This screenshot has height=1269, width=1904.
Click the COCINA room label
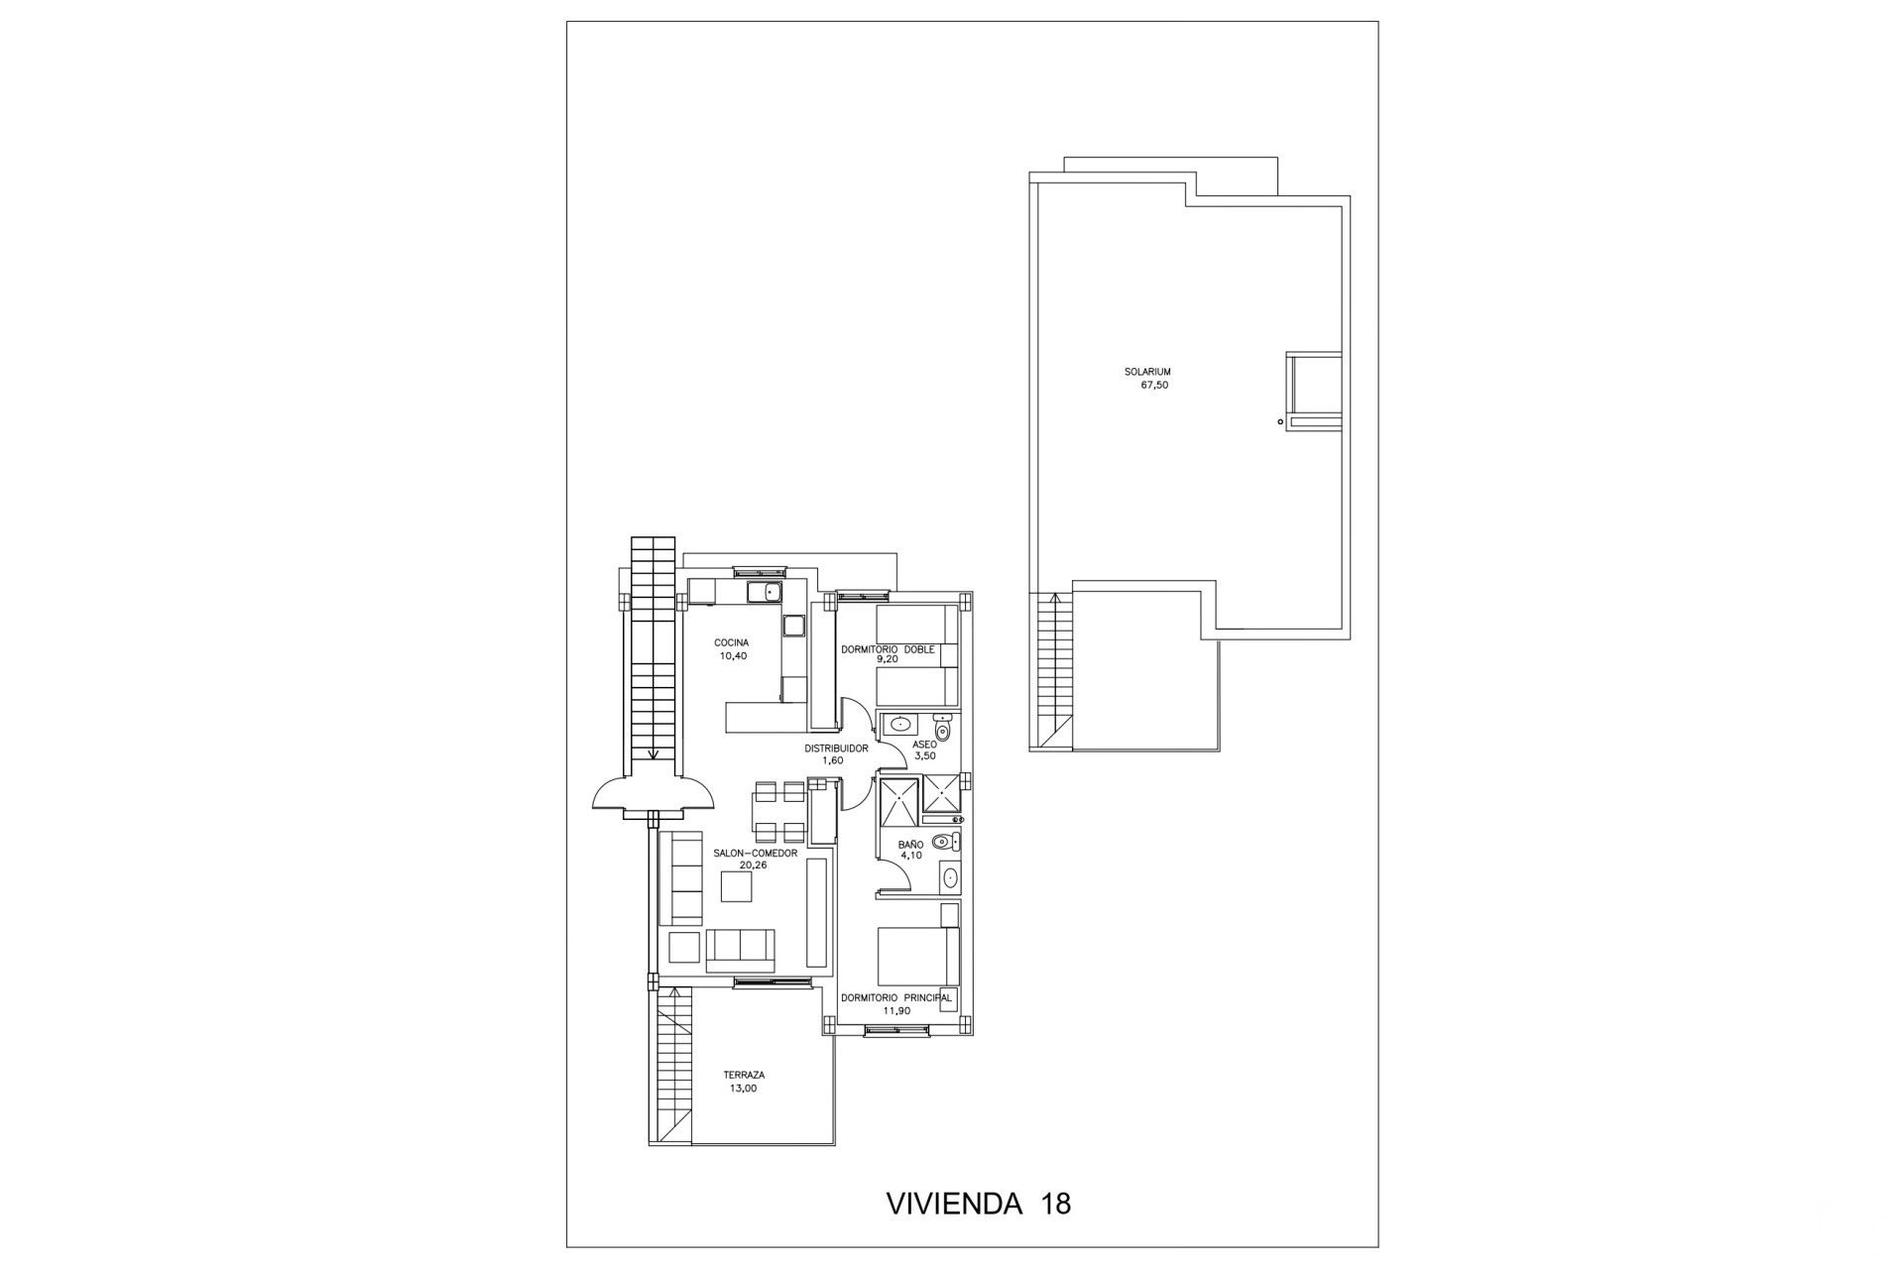click(x=732, y=643)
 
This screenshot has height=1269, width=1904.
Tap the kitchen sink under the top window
click(x=765, y=593)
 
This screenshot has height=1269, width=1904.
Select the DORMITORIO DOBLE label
click(x=888, y=650)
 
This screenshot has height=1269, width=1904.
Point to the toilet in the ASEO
click(x=942, y=728)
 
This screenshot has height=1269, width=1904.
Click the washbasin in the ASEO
click(x=899, y=724)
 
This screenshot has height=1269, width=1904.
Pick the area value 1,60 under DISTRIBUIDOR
click(x=832, y=761)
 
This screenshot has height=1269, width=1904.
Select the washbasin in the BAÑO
click(x=950, y=876)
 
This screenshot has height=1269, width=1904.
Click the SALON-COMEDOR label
click(x=755, y=853)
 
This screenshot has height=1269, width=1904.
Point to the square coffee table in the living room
click(x=736, y=886)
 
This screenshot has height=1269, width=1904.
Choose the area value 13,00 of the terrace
click(x=743, y=1089)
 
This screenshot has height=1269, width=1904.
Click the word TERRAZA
click(x=744, y=1076)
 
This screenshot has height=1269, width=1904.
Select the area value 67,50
click(x=1155, y=385)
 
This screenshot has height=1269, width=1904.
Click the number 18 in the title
click(x=1056, y=1204)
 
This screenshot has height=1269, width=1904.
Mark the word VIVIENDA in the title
click(x=953, y=1204)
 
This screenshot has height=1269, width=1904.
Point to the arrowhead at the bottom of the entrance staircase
click(x=653, y=754)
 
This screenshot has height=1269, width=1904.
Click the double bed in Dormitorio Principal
click(x=918, y=956)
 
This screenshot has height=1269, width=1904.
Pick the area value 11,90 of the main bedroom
click(x=896, y=1011)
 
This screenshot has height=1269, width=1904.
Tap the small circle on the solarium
click(x=1280, y=422)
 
